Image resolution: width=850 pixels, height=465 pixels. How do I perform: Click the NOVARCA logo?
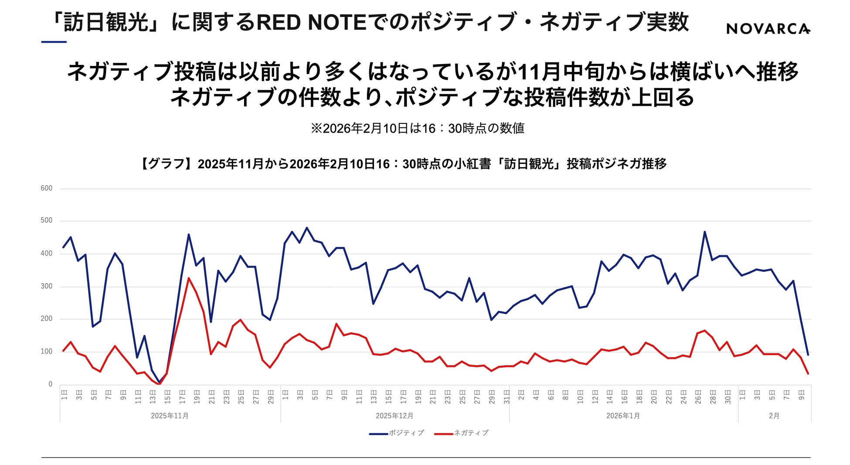coord(768,29)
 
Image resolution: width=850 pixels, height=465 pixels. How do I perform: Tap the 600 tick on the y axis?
coord(46,188)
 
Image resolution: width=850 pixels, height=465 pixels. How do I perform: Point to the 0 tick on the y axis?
coord(50,384)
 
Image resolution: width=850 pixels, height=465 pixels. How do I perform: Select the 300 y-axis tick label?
coord(46,286)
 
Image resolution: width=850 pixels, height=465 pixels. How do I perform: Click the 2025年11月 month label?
coord(170,416)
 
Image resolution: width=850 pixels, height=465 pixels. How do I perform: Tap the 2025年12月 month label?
coord(394,416)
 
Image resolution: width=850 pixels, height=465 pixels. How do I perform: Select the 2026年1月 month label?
coord(623,416)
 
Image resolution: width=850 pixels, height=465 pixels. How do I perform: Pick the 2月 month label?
coord(774,416)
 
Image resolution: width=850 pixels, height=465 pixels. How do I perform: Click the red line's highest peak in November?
coord(189,278)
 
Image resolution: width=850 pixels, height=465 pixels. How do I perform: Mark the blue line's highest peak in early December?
coord(307,228)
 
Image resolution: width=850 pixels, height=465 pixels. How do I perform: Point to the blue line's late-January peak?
coord(704,232)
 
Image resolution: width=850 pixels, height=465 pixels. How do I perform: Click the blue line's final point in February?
coord(808,355)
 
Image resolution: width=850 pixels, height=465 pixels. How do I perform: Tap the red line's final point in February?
coord(808,373)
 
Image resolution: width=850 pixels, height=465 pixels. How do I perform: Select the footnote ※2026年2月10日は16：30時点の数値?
coord(417,128)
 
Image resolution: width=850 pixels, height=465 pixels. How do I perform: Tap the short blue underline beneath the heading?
coord(54,42)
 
